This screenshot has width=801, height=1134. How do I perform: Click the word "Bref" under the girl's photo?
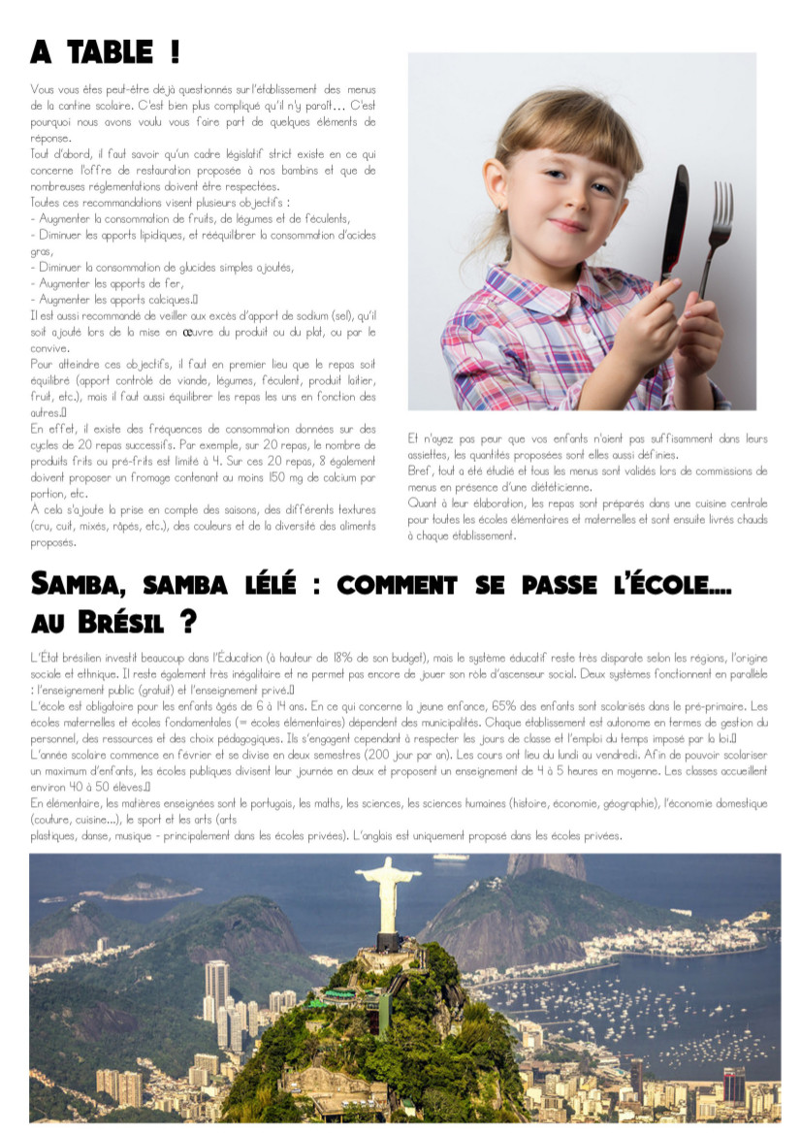419,470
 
